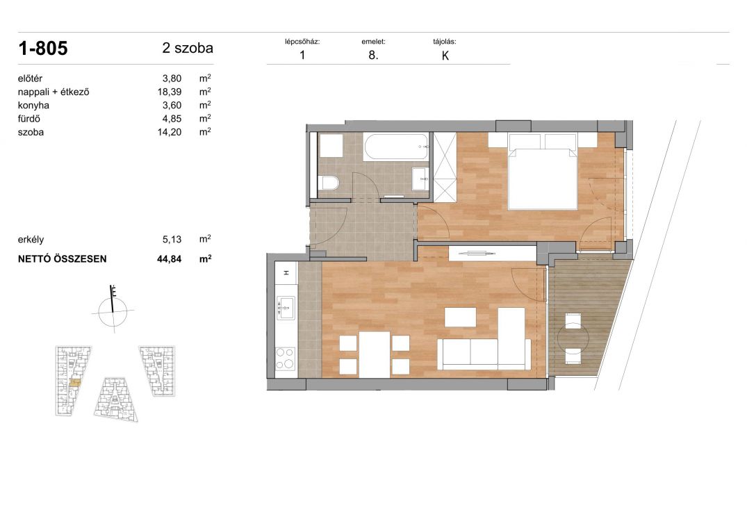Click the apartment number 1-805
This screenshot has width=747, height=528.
[x=43, y=49]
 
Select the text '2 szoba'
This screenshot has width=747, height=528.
[x=188, y=48]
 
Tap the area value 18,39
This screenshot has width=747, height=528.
[x=170, y=92]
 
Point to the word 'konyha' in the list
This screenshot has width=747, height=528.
[x=33, y=105]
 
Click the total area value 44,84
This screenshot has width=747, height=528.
[x=170, y=259]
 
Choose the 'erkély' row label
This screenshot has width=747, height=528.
[x=31, y=240]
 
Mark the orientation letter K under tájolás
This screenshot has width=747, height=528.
[x=445, y=56]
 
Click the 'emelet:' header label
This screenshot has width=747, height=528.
[x=374, y=42]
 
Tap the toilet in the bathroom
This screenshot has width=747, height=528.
[x=329, y=182]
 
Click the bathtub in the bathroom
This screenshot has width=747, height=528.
[x=396, y=146]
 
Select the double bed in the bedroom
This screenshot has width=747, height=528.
[x=543, y=172]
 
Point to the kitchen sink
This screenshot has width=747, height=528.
[x=286, y=308]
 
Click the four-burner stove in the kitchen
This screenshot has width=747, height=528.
[x=286, y=358]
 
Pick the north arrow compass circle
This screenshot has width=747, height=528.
[x=113, y=312]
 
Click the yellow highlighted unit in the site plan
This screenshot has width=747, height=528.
[x=74, y=382]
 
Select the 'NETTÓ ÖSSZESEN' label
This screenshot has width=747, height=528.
[x=63, y=259]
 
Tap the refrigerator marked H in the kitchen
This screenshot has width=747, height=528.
[x=286, y=273]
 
